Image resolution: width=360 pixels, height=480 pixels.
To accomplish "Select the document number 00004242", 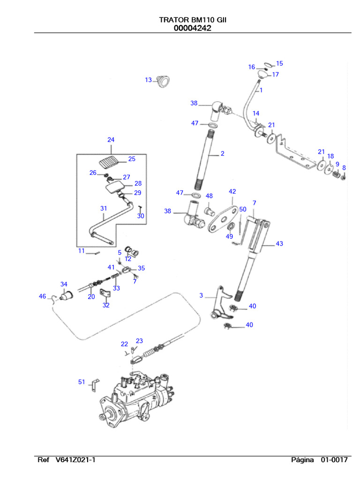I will point(193,28).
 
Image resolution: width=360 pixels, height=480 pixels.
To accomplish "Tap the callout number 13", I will point(148,80).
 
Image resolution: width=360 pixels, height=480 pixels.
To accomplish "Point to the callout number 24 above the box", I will point(111,140).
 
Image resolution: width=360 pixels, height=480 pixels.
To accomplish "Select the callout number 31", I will point(104,208).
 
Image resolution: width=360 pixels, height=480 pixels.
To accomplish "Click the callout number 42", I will point(232,192).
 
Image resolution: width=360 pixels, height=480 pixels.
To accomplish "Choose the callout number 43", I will point(279,244).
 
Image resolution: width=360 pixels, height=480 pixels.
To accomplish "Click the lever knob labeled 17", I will point(262,75).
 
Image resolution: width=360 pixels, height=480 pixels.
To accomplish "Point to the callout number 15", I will point(279,63).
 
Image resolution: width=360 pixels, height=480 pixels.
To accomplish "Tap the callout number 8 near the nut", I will point(344,167).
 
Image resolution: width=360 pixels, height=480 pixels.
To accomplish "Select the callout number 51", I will point(82,382).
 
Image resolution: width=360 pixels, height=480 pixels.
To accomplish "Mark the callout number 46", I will point(43,296).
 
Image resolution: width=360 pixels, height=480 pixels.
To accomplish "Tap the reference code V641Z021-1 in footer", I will point(72,460).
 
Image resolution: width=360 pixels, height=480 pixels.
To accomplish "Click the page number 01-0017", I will point(334,460).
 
